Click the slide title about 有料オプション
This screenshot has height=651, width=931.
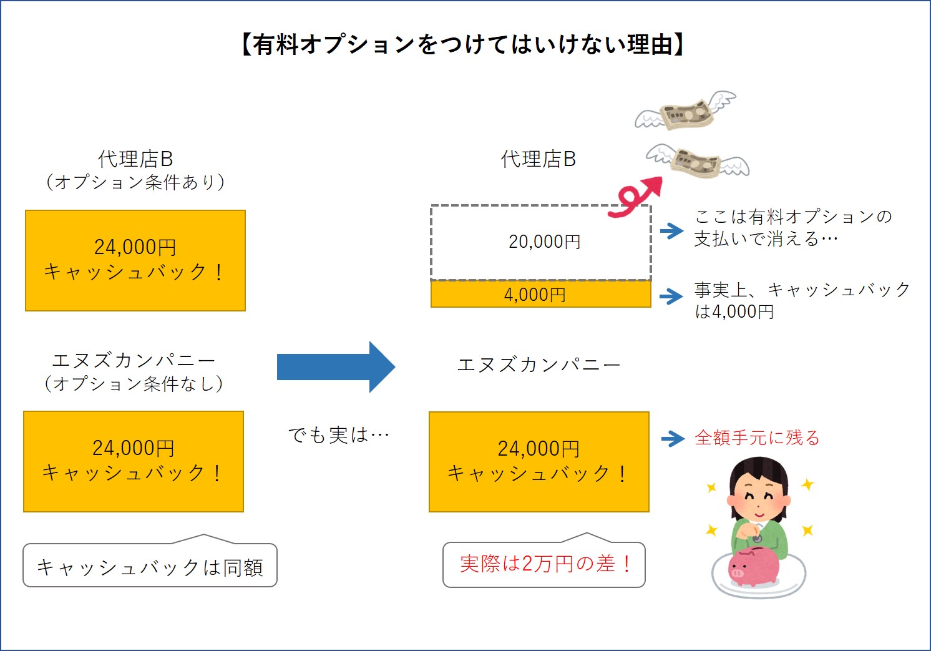coord(462,45)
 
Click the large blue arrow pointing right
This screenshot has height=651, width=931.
coord(336,367)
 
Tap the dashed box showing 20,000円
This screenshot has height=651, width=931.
coord(541,242)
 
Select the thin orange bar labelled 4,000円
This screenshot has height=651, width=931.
coord(541,295)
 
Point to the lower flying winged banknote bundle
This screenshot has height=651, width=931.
coord(698,162)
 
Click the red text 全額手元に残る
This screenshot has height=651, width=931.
coord(757,438)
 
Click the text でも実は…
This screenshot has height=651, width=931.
coord(339,435)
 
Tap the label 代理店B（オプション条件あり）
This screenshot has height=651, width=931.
coord(135,170)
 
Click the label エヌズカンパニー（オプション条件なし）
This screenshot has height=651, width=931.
coord(134,372)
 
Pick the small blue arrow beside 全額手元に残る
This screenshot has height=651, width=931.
coord(673,438)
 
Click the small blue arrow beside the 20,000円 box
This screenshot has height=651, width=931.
coord(671,231)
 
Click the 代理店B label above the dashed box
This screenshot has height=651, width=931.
coord(539,159)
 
